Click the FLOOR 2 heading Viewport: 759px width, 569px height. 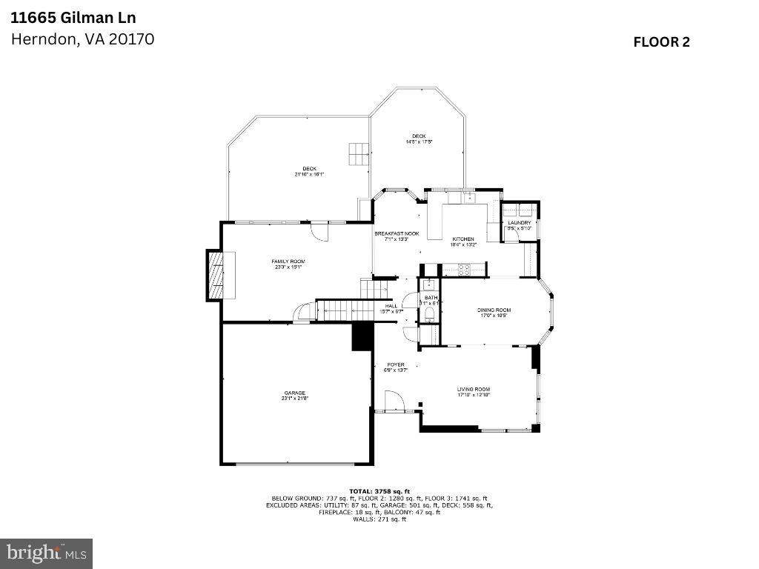pos(661,42)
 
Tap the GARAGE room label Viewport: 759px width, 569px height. pos(294,393)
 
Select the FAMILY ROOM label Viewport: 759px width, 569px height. pos(288,262)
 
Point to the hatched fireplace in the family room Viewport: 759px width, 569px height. pos(214,275)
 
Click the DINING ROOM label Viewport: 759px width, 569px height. pos(494,310)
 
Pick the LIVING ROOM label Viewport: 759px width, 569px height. pos(473,389)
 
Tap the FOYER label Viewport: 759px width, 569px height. pos(396,365)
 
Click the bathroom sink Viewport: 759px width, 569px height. pos(428,284)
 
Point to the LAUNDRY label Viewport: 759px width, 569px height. pos(519,222)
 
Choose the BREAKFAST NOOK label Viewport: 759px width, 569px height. pos(397,233)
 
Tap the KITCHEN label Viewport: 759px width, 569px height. pos(463,239)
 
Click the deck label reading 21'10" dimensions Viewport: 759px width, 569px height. pos(309,171)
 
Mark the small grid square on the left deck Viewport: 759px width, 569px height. pos(358,153)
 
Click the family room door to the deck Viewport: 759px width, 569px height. pos(318,231)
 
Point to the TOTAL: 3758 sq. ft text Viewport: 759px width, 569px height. pos(379,491)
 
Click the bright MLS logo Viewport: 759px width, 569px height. pos(46,553)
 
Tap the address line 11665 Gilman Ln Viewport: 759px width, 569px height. pos(63,17)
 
